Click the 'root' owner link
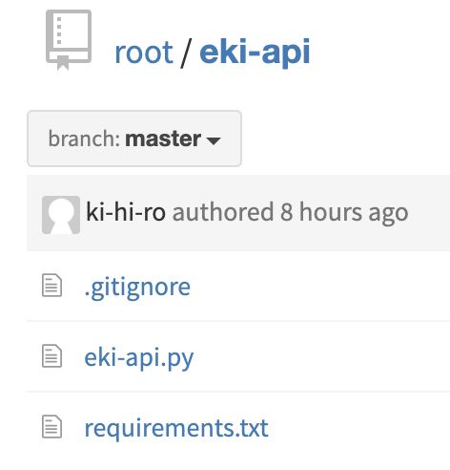144,53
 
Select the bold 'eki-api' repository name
255,52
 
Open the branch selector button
134,139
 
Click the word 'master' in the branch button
163,139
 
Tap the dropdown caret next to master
214,140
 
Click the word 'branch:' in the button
84,139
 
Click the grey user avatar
61,215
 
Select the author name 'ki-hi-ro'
126,212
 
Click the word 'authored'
223,212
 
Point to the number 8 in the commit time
286,212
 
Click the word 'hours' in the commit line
331,212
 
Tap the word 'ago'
388,214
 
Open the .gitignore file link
137,288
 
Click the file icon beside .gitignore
51,286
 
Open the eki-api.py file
139,358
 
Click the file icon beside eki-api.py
51,356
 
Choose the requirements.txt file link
176,428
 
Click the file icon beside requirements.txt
51,427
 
